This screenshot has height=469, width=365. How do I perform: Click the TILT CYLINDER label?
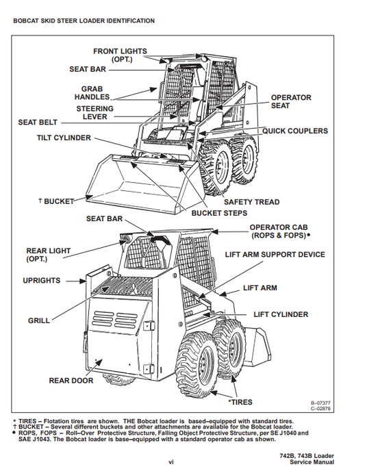click(64, 138)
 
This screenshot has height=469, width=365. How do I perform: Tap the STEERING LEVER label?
click(95, 113)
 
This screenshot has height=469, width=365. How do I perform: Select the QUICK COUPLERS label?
click(295, 131)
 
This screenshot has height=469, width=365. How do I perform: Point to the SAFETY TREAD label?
click(251, 202)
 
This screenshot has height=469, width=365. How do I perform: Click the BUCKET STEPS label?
click(219, 213)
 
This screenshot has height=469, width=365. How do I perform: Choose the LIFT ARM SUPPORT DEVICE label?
click(275, 255)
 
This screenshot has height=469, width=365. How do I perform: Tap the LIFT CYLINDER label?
click(281, 315)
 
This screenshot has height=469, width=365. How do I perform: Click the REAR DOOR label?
click(71, 381)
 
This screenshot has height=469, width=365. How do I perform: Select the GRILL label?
click(39, 320)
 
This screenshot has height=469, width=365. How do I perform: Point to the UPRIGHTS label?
click(42, 281)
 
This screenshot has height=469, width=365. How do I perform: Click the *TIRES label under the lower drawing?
click(240, 403)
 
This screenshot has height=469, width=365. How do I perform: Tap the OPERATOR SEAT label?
click(291, 102)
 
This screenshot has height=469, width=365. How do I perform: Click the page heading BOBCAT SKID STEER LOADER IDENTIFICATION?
click(84, 21)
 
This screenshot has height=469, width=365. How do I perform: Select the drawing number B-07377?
click(320, 403)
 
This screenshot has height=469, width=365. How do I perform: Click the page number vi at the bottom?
click(171, 462)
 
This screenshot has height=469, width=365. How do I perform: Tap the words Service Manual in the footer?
click(312, 462)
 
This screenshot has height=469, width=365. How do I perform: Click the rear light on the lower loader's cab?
click(124, 239)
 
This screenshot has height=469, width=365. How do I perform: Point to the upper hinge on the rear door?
click(149, 325)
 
